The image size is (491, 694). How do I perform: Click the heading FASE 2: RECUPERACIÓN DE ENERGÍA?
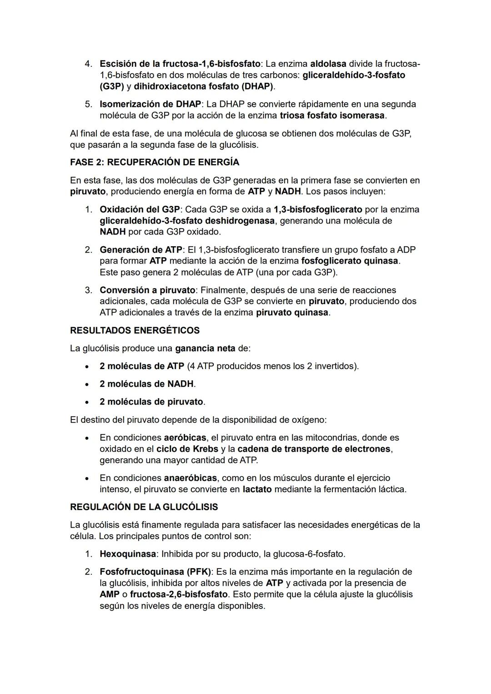[x=155, y=162]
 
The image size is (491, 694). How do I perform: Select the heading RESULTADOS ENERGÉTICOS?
[x=135, y=330]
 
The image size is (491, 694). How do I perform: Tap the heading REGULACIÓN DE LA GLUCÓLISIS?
[x=144, y=507]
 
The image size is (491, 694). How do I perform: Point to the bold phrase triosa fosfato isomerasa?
[x=332, y=115]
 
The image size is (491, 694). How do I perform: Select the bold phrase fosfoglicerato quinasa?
[x=350, y=261]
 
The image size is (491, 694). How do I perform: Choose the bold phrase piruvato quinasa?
[x=292, y=313]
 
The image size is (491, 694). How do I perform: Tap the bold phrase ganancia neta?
[x=205, y=349]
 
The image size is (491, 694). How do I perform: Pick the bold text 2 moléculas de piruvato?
[x=151, y=402]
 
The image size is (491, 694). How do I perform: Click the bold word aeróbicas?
[x=185, y=438]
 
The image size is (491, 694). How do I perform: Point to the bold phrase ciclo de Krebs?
[x=187, y=449]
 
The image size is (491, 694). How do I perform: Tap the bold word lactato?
[x=257, y=489]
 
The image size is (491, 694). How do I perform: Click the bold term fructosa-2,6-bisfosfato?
[x=179, y=594]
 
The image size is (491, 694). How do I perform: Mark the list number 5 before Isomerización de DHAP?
[x=88, y=104]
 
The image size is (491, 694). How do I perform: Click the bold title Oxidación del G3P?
[x=140, y=210]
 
